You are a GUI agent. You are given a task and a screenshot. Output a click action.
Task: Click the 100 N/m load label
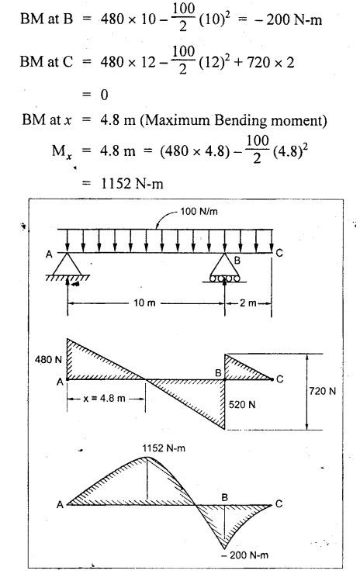pos(199,211)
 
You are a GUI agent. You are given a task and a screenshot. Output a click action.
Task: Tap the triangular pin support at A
pos(67,265)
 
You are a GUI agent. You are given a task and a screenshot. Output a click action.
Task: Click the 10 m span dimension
pos(144,303)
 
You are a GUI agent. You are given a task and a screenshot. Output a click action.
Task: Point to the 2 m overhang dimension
pos(248,303)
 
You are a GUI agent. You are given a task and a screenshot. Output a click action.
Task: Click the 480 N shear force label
pos(48,359)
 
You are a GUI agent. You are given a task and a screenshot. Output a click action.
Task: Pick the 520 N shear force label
pos(242,404)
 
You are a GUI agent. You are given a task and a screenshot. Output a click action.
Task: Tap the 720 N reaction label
pos(322,391)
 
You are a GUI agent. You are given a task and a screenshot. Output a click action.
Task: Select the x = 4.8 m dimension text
pos(105,398)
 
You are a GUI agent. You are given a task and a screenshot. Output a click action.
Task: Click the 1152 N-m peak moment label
pos(164,448)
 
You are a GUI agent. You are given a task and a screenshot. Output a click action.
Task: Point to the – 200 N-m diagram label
pos(244,555)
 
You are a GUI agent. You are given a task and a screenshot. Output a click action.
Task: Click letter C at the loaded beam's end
pos(279,253)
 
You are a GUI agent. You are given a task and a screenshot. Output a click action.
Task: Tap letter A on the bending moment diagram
pos(60,505)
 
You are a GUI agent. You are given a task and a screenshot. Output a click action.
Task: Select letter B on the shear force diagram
pos(218,373)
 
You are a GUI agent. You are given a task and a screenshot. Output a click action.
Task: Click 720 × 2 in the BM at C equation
pos(271,63)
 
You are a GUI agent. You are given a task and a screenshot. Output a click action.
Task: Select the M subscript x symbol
pos(61,151)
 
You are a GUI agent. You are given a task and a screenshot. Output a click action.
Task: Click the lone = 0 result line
pos(95,95)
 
